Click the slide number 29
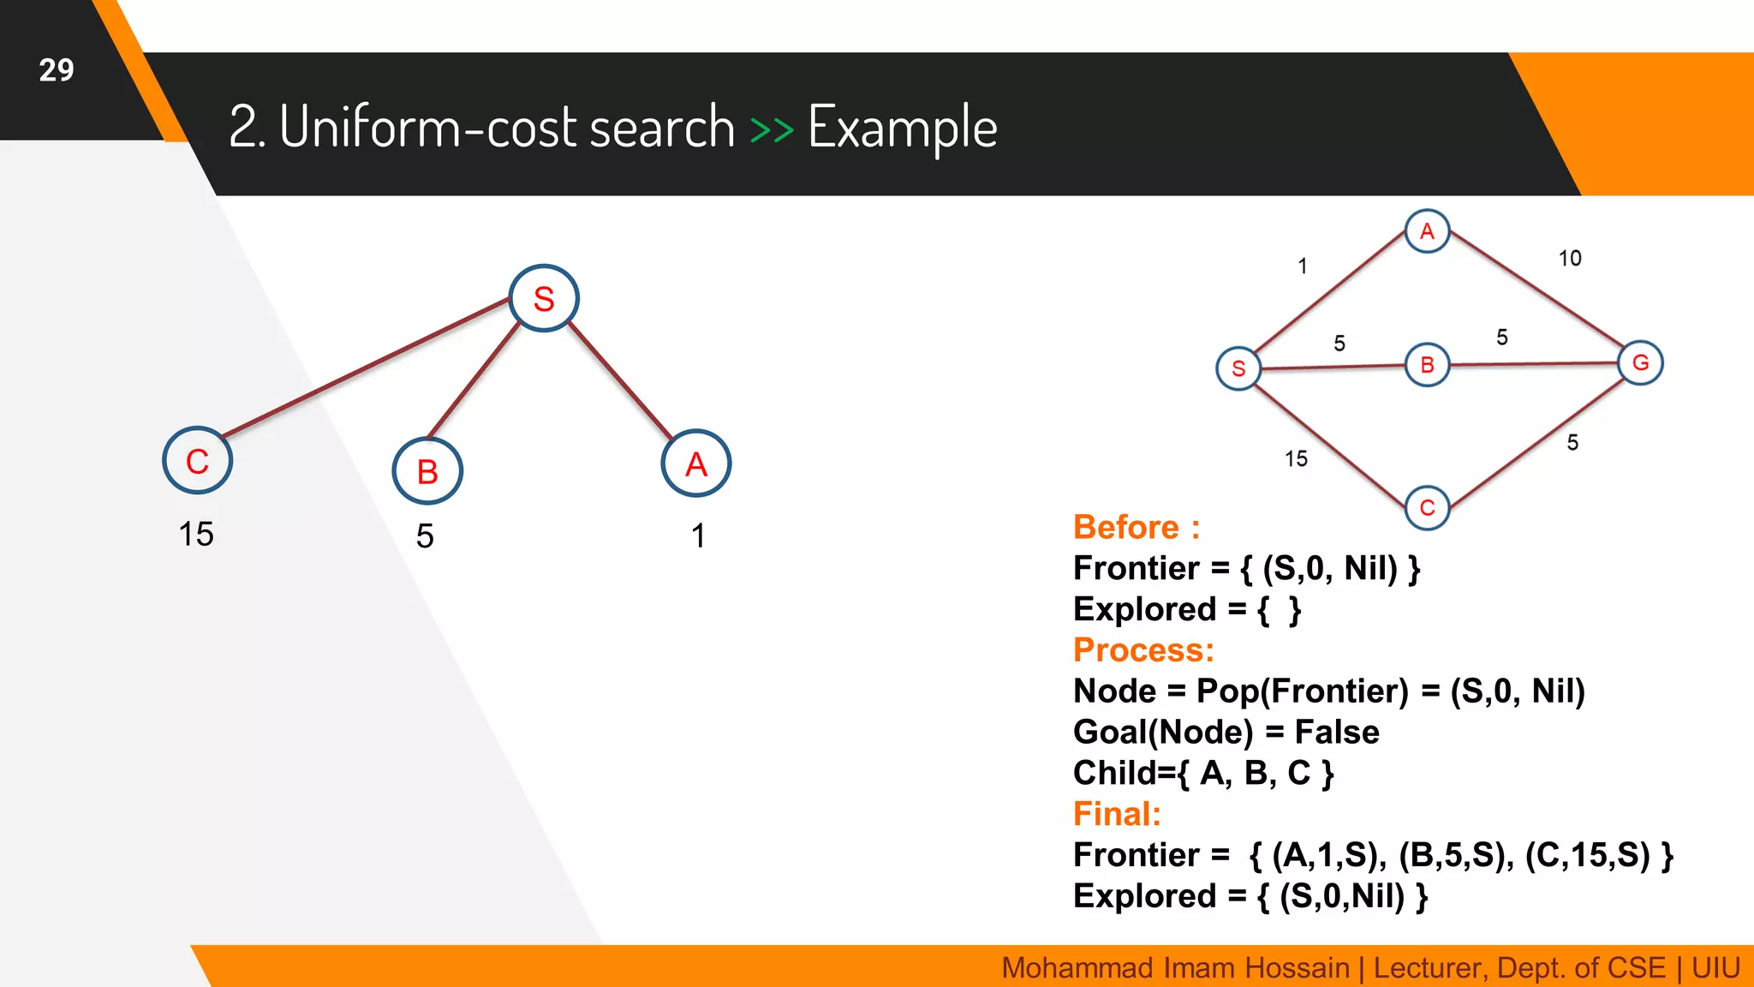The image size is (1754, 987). (x=57, y=70)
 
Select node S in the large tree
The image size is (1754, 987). (x=544, y=299)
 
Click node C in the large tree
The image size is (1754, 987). (x=197, y=461)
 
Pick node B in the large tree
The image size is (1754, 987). (x=427, y=471)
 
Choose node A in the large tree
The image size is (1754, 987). (x=696, y=464)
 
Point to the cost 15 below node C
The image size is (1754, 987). (x=196, y=534)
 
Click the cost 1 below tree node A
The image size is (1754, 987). (x=698, y=535)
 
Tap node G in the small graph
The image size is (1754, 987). (x=1640, y=362)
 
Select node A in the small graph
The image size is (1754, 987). (x=1427, y=231)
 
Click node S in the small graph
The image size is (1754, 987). (x=1238, y=368)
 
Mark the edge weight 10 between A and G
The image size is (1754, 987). (x=1569, y=258)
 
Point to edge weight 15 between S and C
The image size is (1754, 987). (x=1296, y=458)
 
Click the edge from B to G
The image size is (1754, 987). (x=1533, y=364)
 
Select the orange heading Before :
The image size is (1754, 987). (x=1136, y=527)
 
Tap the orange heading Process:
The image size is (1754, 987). (x=1142, y=650)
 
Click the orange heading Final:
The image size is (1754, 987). (x=1117, y=814)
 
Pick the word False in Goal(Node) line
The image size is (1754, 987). (x=1336, y=733)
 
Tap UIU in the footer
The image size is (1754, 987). (x=1715, y=968)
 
